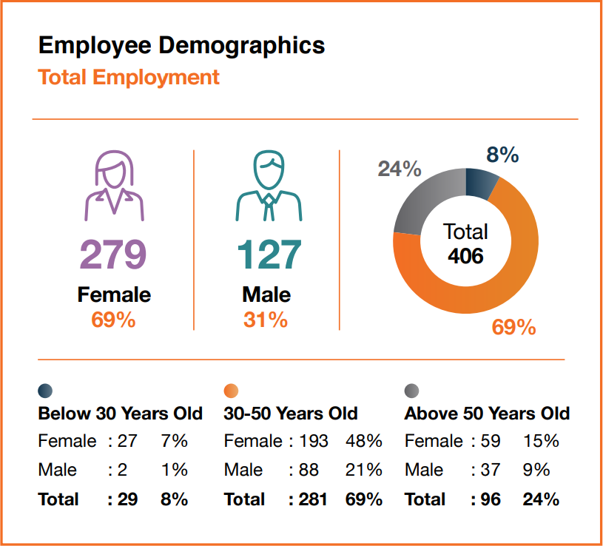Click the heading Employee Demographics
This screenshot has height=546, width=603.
(x=181, y=45)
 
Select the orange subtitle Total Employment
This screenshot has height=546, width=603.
(x=129, y=77)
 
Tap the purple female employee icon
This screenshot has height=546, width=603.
(x=114, y=187)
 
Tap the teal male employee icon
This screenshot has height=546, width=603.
(x=268, y=187)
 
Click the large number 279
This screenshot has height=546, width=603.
(x=114, y=255)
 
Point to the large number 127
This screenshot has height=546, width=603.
(x=269, y=255)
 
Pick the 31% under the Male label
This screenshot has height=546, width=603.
(x=265, y=320)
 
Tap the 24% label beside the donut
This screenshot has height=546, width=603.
(x=400, y=169)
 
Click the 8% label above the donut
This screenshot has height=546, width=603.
(x=502, y=155)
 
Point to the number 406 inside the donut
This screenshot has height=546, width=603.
(x=465, y=256)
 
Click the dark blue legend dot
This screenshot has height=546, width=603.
(x=46, y=391)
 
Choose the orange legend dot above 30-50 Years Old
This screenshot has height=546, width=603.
(x=232, y=391)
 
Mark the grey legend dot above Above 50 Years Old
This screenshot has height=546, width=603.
(x=412, y=391)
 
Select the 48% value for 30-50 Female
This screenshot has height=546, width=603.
(x=363, y=442)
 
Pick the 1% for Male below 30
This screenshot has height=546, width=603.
(x=174, y=470)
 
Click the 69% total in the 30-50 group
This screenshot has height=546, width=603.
(x=363, y=499)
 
